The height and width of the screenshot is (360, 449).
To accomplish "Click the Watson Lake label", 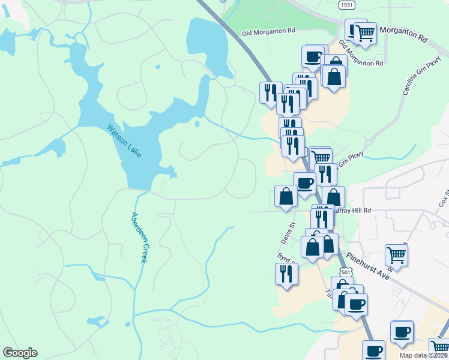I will coord(124,141).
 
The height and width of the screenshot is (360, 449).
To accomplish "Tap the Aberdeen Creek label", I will coord(139,237).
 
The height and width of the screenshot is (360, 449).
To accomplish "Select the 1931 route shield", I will coord(346,5).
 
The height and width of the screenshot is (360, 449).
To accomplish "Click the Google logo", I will coord(20,353).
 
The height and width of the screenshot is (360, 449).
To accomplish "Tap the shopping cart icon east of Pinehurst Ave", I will coord(397,254).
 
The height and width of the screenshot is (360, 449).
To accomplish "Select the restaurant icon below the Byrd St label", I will coord(286,274).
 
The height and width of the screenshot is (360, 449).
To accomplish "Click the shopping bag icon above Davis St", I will coord(286,196).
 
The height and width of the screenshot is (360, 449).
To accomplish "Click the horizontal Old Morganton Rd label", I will coord(268,30).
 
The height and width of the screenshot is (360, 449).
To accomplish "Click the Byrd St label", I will coord(285,256).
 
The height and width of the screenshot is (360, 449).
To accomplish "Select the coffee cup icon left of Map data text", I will coord(373,350).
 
